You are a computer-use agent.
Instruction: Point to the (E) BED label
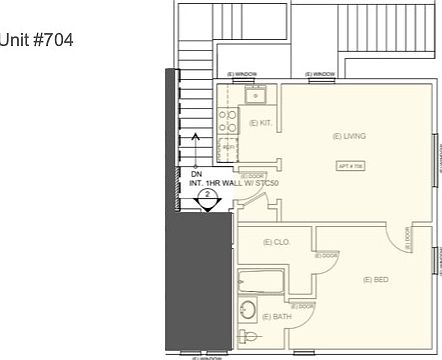click(x=376, y=279)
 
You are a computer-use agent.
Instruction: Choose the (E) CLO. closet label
click(x=276, y=242)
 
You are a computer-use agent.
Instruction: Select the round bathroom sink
click(x=247, y=309)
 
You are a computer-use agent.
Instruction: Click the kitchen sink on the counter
click(x=255, y=96)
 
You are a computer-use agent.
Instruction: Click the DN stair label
click(x=196, y=174)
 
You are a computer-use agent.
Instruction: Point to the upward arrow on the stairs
click(x=196, y=140)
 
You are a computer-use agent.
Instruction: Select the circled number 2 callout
click(x=206, y=198)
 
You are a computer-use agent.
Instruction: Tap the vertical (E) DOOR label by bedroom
click(x=407, y=236)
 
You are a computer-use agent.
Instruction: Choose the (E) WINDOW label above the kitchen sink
click(x=242, y=75)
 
